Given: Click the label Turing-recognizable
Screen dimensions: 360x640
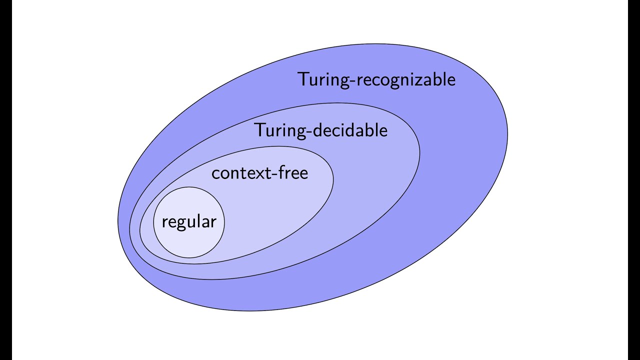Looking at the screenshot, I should click(376, 80).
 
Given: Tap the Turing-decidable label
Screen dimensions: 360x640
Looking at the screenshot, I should click(321, 130).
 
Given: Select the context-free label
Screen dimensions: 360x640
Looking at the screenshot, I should click(259, 173).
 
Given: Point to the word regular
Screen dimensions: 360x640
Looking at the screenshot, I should click(188, 222).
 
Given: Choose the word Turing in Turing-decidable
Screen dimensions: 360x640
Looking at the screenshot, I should click(277, 130).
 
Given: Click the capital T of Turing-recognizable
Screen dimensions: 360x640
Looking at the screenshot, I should click(303, 79).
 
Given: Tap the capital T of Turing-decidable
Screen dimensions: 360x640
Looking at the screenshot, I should click(260, 130).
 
